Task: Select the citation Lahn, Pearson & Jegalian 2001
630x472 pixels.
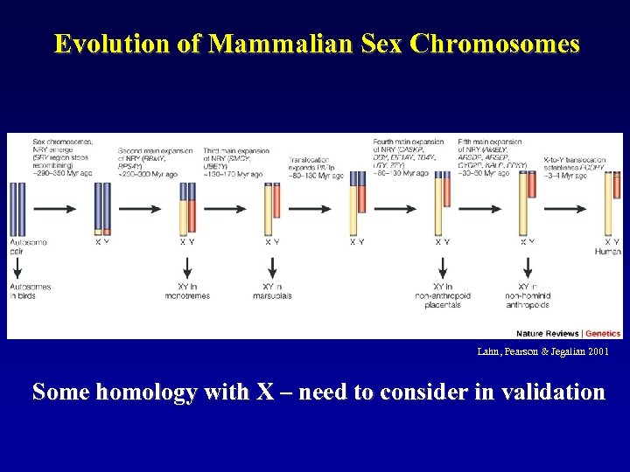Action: tap(542, 351)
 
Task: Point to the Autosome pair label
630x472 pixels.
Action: tap(29, 246)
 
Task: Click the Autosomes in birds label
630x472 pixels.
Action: tap(31, 291)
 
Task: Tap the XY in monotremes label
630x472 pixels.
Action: tap(187, 291)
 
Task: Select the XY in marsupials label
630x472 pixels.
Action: tap(272, 291)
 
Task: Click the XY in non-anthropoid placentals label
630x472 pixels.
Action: tap(443, 295)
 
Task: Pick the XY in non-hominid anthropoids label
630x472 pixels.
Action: tap(527, 295)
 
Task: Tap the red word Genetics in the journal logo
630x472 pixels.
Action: tap(603, 334)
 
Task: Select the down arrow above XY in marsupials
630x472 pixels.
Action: tap(272, 267)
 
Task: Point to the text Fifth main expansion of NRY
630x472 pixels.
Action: tap(492, 157)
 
